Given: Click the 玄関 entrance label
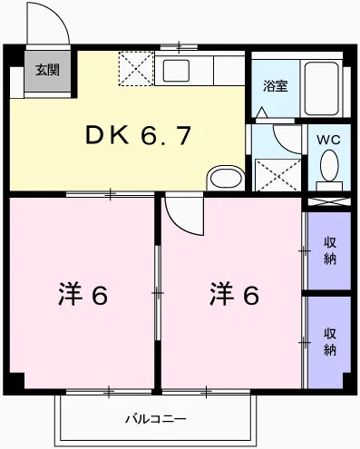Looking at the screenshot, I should click(48, 69).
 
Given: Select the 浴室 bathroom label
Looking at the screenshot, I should click(275, 87).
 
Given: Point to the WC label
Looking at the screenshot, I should click(327, 141).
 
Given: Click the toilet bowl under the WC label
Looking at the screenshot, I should click(329, 167).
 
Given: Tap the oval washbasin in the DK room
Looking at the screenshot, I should click(223, 176).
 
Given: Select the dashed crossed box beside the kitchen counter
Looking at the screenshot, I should click(136, 70).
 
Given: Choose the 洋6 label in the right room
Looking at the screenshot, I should click(235, 294).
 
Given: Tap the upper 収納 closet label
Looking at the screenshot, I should click(330, 250).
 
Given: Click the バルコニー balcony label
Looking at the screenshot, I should click(156, 419).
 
